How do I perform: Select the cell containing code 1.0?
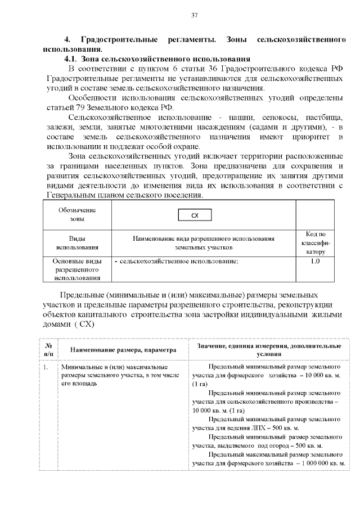coord(316,262)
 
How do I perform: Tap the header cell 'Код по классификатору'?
coord(316,243)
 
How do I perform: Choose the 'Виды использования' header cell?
coord(76,243)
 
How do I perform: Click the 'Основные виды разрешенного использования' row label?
coord(76,269)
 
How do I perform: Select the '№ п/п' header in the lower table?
coord(48,350)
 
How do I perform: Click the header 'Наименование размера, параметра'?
coord(123,350)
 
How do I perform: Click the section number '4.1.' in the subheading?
coord(71,59)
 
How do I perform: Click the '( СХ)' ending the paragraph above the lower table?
coord(83,325)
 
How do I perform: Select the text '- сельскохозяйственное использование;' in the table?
coord(177,262)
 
